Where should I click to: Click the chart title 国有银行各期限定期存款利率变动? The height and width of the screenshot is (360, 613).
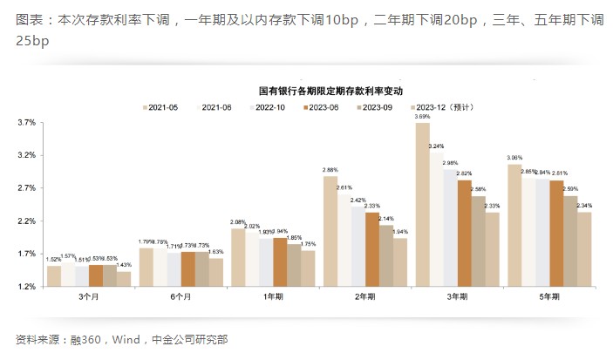point(324,91)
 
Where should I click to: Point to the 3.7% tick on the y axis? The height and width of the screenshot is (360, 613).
point(25,123)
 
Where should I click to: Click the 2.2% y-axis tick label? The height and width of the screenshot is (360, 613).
point(25,221)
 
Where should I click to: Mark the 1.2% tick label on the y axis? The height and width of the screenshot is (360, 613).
point(25,287)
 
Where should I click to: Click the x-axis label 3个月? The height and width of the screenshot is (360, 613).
point(88,296)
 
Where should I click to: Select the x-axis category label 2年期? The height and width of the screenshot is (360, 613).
point(364,296)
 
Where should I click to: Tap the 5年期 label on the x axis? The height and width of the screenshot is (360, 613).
point(548,296)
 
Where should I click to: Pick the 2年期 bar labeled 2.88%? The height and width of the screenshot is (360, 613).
point(330,231)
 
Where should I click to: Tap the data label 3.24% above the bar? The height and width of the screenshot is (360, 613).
point(437,146)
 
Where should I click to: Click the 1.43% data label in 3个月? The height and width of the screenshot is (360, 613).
point(124,265)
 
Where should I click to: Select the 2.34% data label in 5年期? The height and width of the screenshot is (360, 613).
point(584,206)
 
